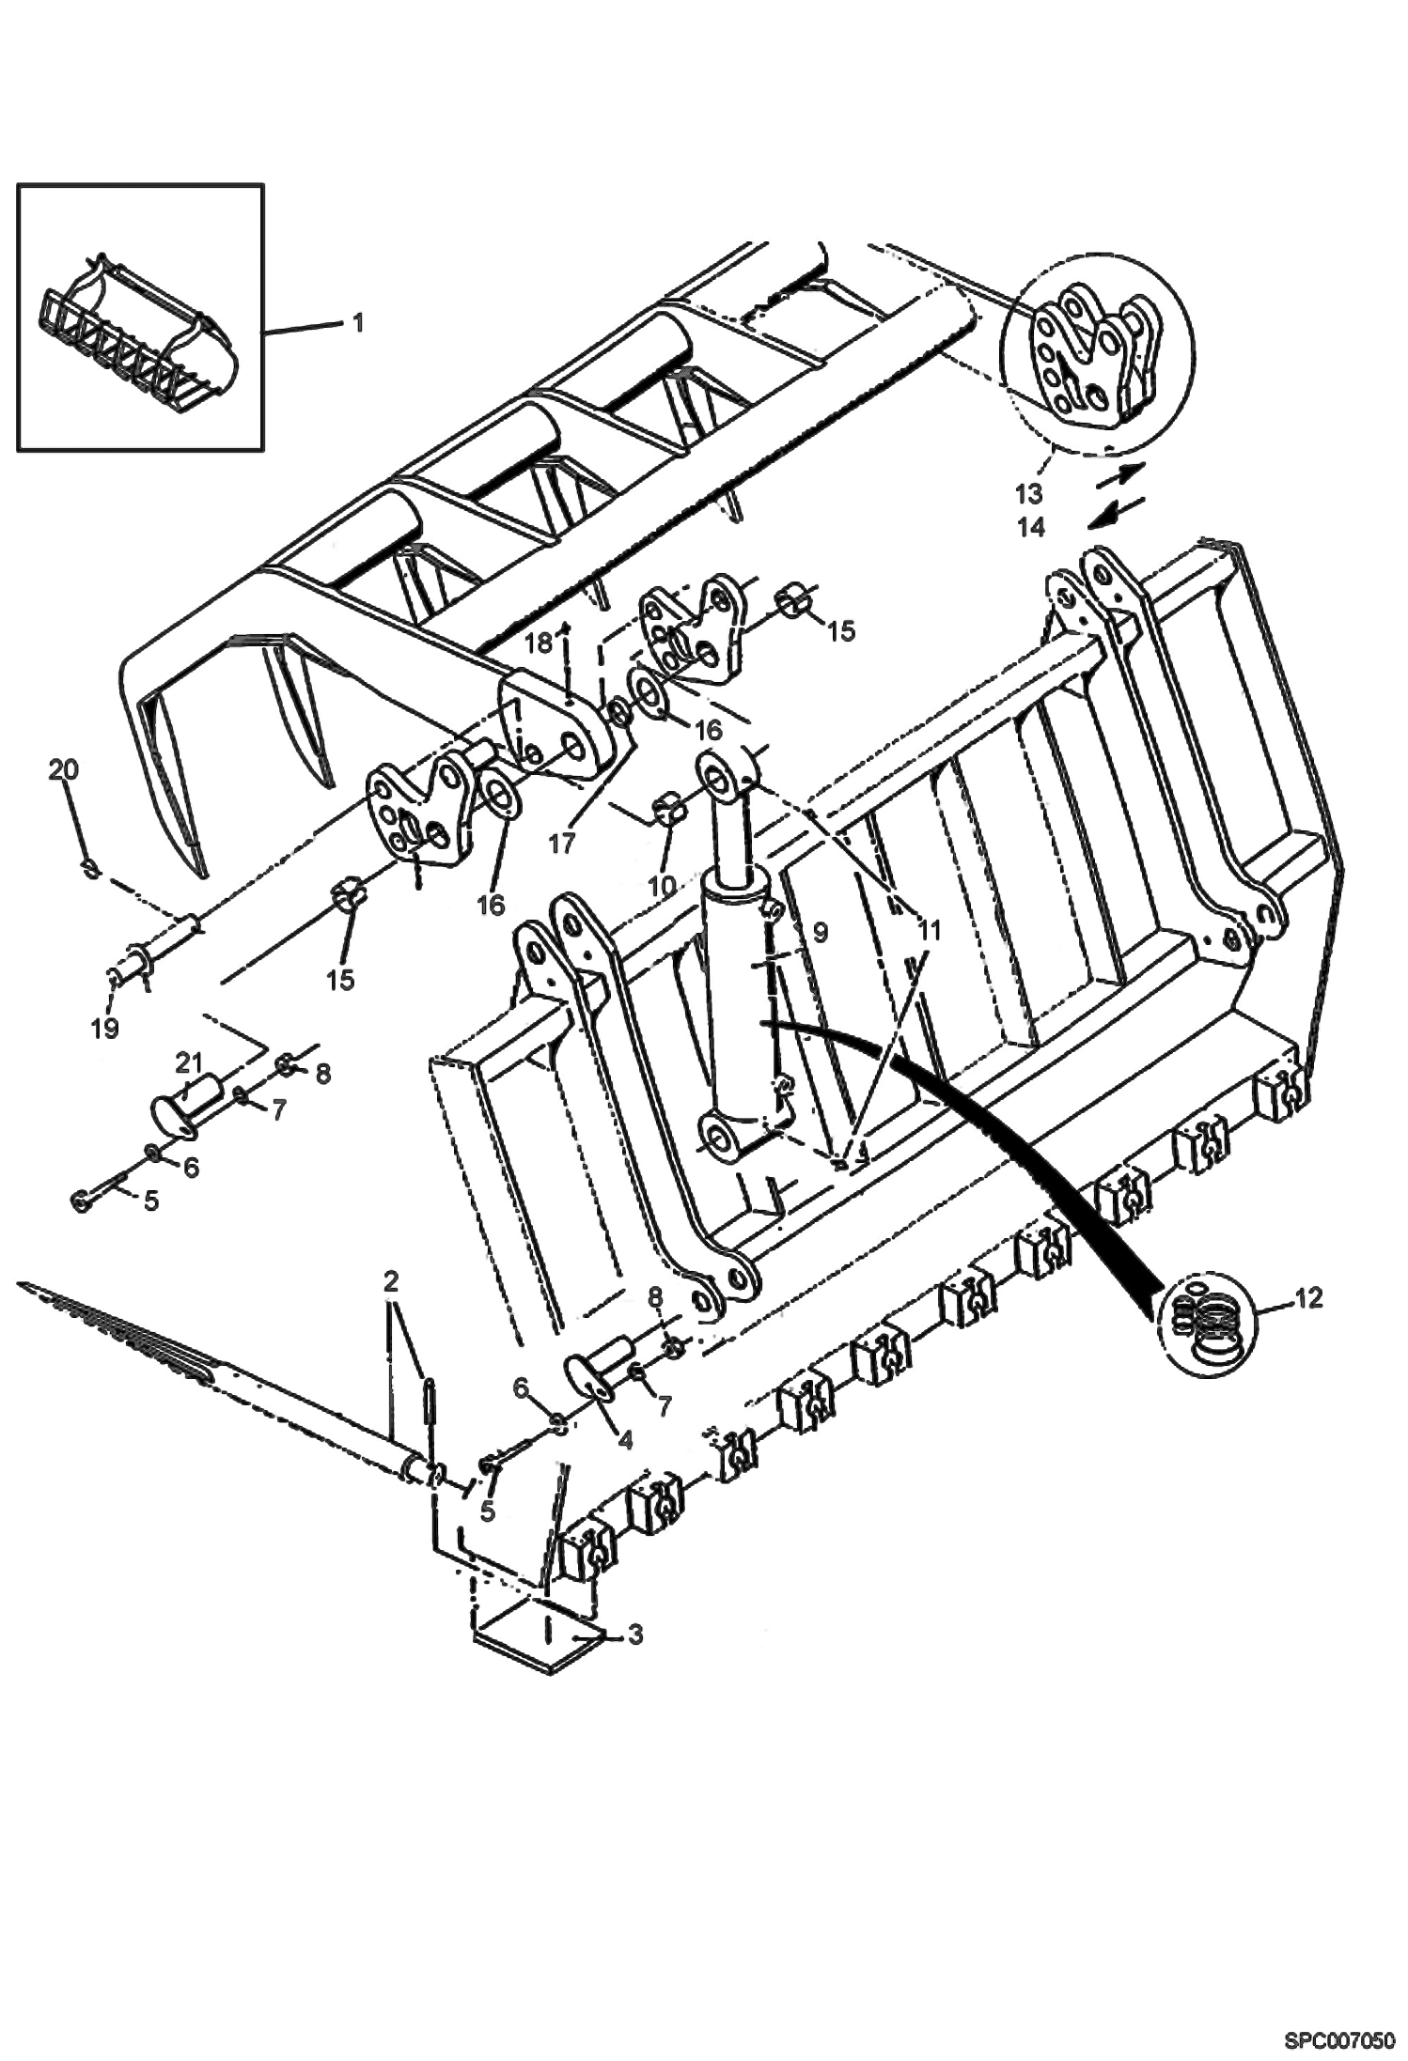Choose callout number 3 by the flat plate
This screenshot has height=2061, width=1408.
634,1635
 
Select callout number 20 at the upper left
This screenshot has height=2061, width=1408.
64,770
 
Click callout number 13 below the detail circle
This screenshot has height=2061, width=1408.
1028,492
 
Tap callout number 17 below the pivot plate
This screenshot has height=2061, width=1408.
561,845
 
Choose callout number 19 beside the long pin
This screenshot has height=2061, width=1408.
105,1028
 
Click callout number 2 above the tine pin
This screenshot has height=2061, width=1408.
392,1280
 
